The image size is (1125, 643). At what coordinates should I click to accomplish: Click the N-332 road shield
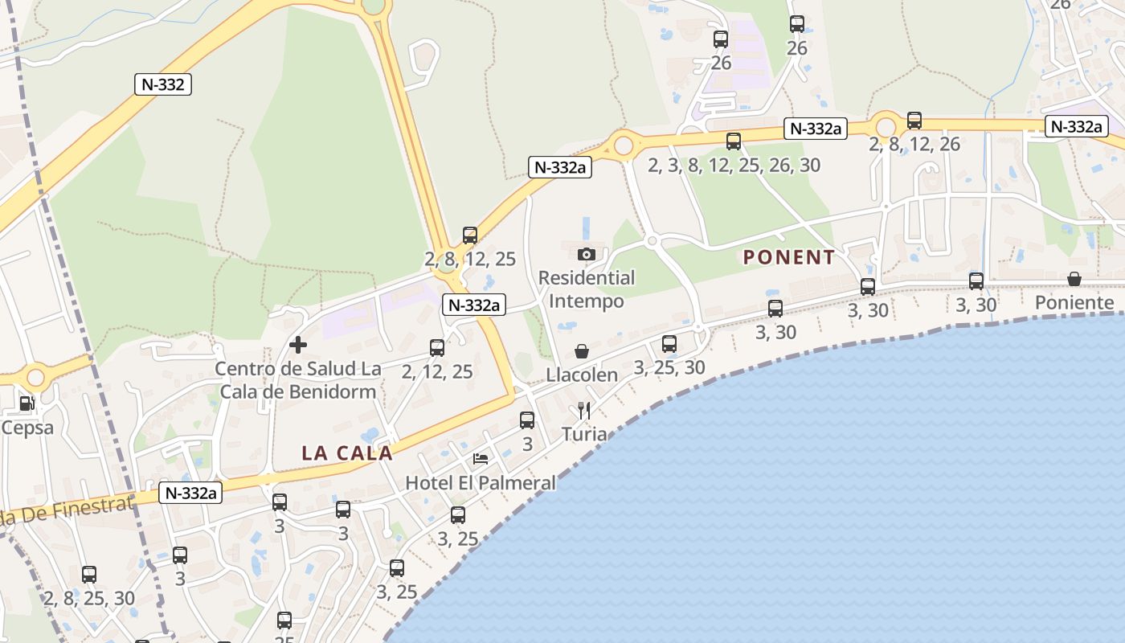(162, 84)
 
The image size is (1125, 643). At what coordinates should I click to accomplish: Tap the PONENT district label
(789, 257)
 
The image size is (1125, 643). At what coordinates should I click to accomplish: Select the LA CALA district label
(347, 453)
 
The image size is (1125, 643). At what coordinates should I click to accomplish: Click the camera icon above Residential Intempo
(587, 254)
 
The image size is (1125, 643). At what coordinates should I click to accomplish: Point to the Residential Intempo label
(587, 289)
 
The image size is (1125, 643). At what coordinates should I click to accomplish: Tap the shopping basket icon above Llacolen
(582, 351)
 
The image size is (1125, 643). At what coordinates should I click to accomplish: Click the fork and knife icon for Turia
(584, 411)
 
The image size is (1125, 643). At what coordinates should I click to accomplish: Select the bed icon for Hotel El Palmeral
(481, 459)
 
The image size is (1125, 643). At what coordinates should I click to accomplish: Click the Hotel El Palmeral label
(481, 483)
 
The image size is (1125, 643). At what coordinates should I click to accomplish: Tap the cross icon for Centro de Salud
(298, 345)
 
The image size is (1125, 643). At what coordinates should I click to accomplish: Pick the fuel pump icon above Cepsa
(27, 403)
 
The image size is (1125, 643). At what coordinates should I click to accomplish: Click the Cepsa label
(27, 427)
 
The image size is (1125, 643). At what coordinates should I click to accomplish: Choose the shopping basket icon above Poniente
(1074, 279)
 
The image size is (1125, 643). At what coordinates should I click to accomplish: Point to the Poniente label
(1074, 303)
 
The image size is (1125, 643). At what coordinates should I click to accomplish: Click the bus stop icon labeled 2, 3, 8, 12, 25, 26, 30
(734, 141)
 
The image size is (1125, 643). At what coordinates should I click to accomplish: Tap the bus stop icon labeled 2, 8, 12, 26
(914, 121)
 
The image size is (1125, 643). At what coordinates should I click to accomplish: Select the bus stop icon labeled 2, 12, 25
(437, 348)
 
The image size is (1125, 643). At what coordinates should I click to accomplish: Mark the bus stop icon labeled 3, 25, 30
(669, 344)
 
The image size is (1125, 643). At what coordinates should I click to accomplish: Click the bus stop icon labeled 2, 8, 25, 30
(89, 575)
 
